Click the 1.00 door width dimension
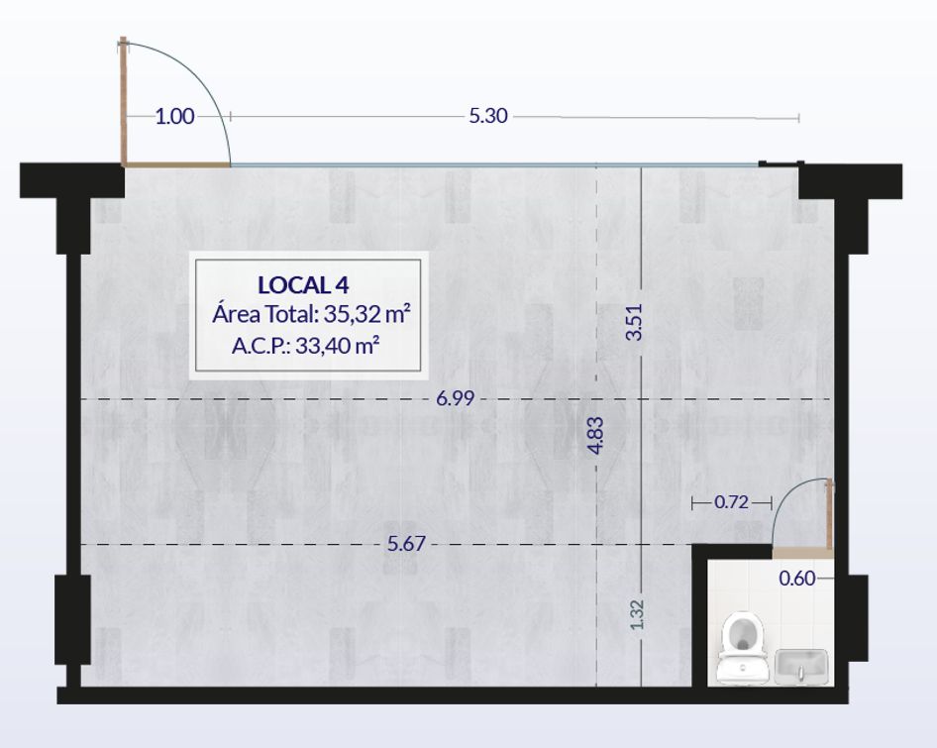[174, 116]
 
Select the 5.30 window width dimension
[488, 115]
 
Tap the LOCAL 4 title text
[303, 285]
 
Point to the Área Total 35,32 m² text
[311, 314]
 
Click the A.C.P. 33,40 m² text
[306, 345]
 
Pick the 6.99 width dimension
[456, 398]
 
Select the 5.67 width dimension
[406, 544]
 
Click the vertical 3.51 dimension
[634, 322]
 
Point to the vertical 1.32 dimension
[638, 614]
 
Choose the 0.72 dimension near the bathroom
[731, 502]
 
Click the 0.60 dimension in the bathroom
[797, 579]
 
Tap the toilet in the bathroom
[742, 648]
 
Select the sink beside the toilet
[802, 667]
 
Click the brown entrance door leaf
[124, 102]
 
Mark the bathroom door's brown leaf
[829, 514]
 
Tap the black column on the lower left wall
[72, 619]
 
